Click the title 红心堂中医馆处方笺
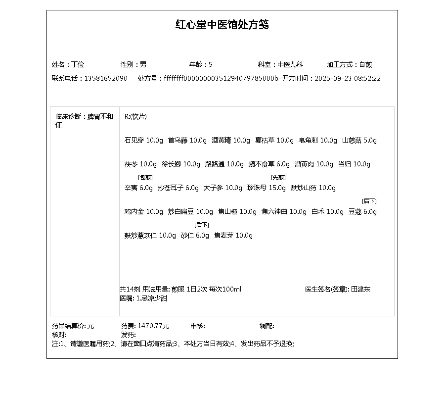pos(222,25)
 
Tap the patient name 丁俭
pos(78,64)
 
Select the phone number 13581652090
pos(106,78)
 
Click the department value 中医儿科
pos(290,64)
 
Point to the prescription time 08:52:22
pos(367,78)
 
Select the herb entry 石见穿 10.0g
pos(143,141)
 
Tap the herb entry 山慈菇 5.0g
pos(359,141)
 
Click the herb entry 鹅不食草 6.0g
pos(269,164)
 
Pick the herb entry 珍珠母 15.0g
pos(266,188)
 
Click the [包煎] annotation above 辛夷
pos(145,177)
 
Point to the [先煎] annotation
pos(278,177)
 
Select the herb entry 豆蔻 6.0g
pos(362,212)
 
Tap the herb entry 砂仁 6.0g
pos(195,236)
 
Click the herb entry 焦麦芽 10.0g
pos(233,236)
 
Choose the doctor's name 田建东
pos(360,290)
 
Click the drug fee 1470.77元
pos(153,326)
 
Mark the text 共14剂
pos(130,290)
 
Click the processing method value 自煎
pos(365,64)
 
